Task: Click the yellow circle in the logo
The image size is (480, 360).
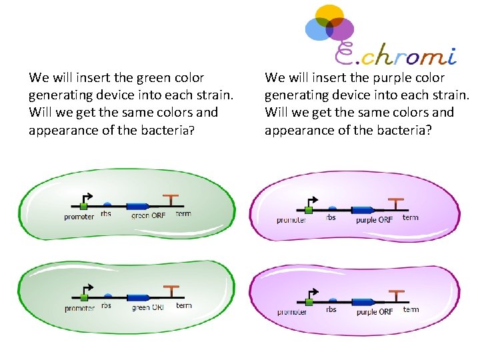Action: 329,15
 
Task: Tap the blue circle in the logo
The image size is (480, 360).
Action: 316,29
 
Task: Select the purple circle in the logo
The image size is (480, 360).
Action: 341,29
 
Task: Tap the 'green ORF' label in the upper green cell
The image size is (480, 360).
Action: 148,215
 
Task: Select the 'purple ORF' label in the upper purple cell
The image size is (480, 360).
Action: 374,219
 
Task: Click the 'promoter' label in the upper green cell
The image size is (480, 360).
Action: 79,217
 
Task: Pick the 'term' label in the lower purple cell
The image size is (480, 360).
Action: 411,309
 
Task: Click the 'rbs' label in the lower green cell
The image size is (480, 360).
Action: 107,306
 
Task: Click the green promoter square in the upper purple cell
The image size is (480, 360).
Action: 308,210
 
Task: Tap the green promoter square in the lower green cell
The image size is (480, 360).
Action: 84,298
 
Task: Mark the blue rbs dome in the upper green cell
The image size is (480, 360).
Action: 107,203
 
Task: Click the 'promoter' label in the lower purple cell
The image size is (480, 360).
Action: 291,312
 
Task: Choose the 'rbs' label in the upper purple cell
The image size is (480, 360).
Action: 331,217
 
